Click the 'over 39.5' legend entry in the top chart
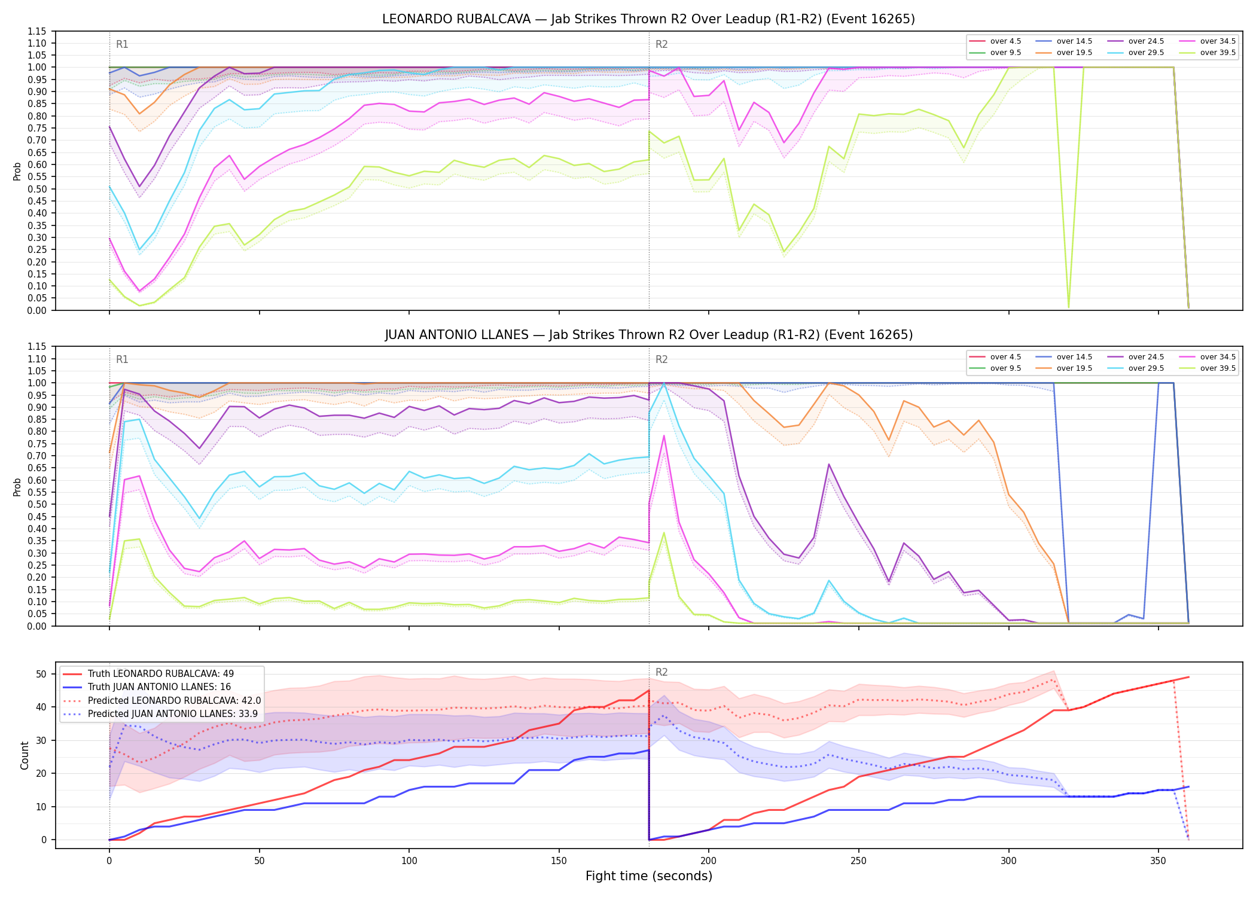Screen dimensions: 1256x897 tap(1208, 53)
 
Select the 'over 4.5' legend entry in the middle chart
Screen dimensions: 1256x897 tap(995, 357)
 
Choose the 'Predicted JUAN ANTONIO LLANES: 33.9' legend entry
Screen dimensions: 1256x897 tap(160, 713)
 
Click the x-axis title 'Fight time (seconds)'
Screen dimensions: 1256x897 tap(649, 876)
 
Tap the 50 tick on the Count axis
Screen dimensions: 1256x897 tap(41, 674)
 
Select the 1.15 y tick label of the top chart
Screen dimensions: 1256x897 tap(36, 31)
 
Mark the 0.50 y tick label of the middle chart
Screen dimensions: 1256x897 tap(36, 504)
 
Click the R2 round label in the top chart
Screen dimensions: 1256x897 tap(661, 44)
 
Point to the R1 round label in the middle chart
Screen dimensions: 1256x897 tap(122, 359)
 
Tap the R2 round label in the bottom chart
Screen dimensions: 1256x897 tap(661, 672)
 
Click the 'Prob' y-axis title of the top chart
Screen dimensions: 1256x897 tap(17, 171)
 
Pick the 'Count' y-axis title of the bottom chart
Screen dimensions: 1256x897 tap(25, 755)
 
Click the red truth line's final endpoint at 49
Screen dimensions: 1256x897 tap(1188, 677)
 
